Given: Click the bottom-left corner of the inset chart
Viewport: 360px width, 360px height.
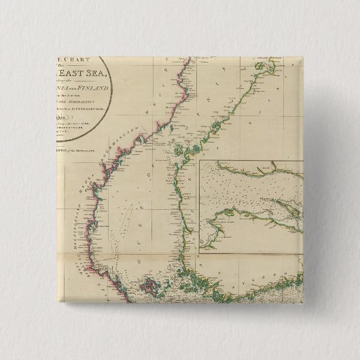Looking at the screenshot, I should [x=200, y=253].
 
